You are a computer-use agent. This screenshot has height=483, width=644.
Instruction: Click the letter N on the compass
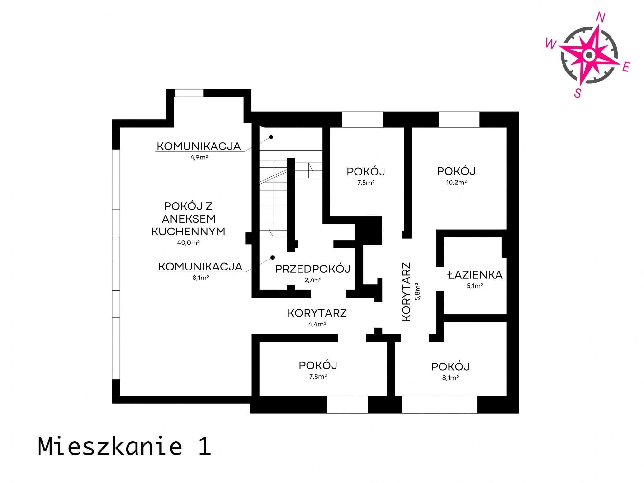coord(601,17)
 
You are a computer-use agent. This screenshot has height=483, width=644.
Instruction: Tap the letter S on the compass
coord(578,93)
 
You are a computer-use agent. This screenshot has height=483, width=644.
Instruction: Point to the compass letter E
coord(626,67)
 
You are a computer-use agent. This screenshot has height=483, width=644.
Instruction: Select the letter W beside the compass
coord(551,43)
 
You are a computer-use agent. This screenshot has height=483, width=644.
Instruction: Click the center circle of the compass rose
coord(589,55)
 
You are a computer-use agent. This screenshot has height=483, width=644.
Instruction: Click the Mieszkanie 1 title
coord(124,446)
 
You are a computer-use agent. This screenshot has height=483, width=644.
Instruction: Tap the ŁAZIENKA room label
coord(475,275)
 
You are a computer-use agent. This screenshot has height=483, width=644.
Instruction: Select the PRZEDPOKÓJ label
coord(313,269)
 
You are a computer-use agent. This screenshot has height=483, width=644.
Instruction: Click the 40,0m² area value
coord(188,242)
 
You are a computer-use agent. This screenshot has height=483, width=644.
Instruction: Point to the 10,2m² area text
coord(456,182)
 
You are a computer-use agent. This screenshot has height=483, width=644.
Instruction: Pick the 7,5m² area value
coord(366,183)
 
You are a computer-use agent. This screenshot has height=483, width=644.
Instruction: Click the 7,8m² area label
coord(318,376)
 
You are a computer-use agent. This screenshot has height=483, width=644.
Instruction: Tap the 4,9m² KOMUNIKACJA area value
coord(199,157)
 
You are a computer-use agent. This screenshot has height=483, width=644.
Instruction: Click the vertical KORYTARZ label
coord(407,292)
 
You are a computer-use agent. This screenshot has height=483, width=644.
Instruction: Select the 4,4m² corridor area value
coord(317,324)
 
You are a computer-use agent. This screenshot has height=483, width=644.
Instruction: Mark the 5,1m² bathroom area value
coord(475,286)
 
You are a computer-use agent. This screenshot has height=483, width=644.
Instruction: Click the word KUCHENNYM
coord(188,232)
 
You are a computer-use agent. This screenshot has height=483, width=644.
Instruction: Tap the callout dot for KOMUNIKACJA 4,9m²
coord(271,137)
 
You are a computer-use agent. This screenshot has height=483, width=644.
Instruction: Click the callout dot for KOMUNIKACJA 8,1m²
coord(272,258)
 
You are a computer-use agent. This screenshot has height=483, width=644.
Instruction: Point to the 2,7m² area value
coord(313,280)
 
